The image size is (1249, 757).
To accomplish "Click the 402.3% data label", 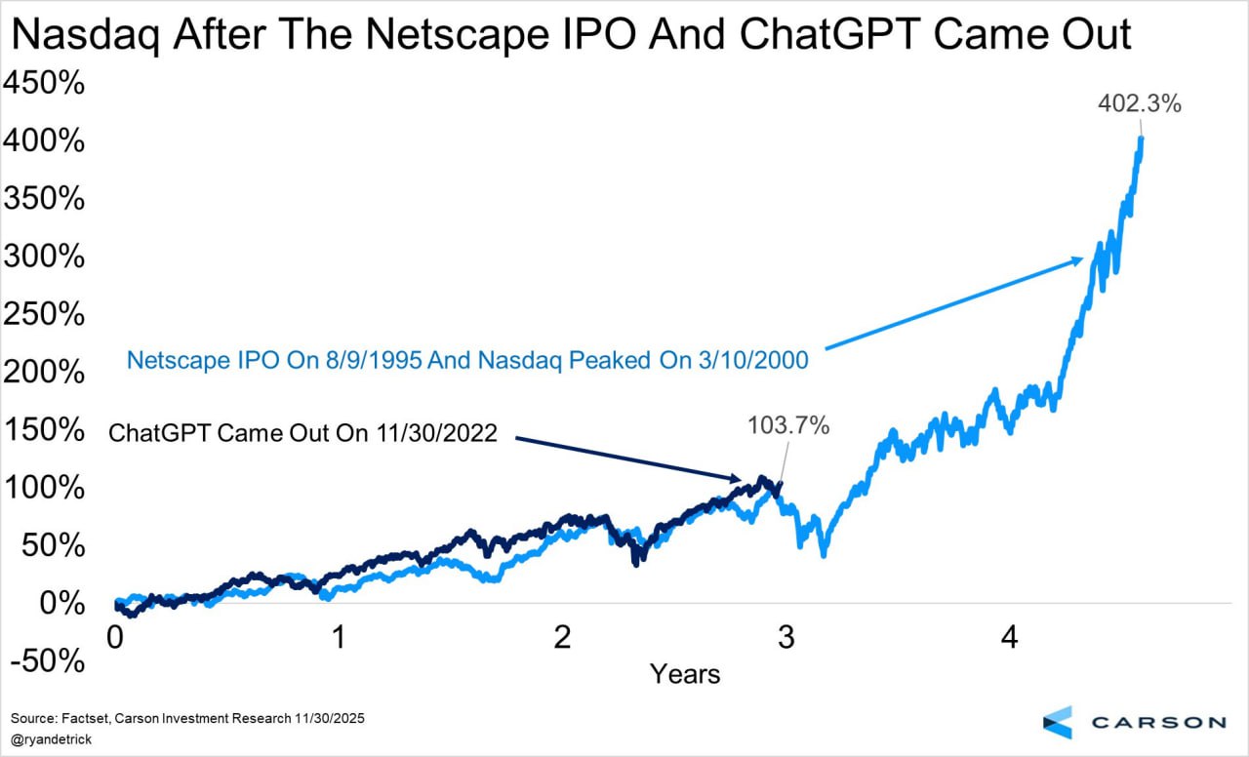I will [x=1139, y=102].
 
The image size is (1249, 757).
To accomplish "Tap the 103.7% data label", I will [x=788, y=425].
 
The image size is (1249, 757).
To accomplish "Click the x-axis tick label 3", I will [x=786, y=638].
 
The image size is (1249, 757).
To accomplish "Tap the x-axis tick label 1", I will [x=339, y=638].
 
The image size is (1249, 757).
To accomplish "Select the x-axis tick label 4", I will [x=1010, y=638].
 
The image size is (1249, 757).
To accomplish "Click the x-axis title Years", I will [x=686, y=673].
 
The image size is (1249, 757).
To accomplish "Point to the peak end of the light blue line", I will [x=1141, y=138].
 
